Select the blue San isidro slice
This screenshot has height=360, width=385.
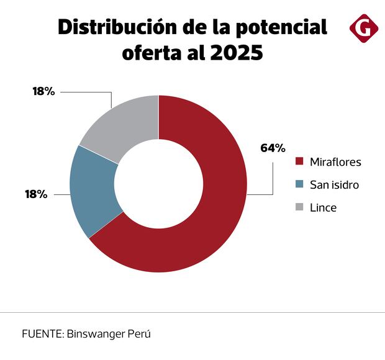click(92, 189)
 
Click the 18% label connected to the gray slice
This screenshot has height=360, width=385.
click(43, 91)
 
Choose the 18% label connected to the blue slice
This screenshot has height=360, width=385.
click(36, 194)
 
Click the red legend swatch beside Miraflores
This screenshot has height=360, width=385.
click(299, 162)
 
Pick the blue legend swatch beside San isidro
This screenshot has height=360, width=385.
click(299, 184)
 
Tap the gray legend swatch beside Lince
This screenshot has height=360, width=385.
click(299, 207)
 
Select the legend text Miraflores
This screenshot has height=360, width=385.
click(335, 162)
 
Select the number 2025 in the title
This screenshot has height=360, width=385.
click(236, 53)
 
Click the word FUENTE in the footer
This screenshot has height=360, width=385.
click(41, 333)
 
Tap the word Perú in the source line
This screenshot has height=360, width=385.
click(140, 333)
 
